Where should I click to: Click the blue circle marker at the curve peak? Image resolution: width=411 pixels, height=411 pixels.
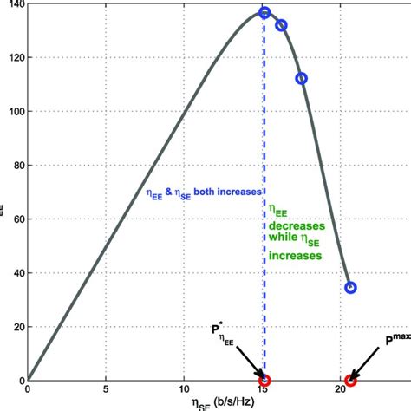(x=264, y=13)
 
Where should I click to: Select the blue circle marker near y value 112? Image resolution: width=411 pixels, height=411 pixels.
(x=302, y=79)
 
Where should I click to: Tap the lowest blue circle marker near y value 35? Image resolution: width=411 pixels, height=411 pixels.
(x=350, y=287)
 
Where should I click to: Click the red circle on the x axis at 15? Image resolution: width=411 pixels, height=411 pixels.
(x=264, y=380)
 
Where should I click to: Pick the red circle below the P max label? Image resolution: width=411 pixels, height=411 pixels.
(x=350, y=380)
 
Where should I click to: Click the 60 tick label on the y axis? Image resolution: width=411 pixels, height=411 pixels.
(x=16, y=219)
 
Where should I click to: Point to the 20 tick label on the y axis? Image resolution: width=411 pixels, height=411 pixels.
(x=16, y=326)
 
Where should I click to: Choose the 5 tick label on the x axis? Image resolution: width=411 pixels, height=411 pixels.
(x=106, y=391)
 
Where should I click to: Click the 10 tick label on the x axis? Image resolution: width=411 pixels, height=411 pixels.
(x=184, y=391)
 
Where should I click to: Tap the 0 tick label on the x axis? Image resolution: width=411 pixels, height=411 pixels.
(x=28, y=391)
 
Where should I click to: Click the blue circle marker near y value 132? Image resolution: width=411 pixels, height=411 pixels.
(x=281, y=25)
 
